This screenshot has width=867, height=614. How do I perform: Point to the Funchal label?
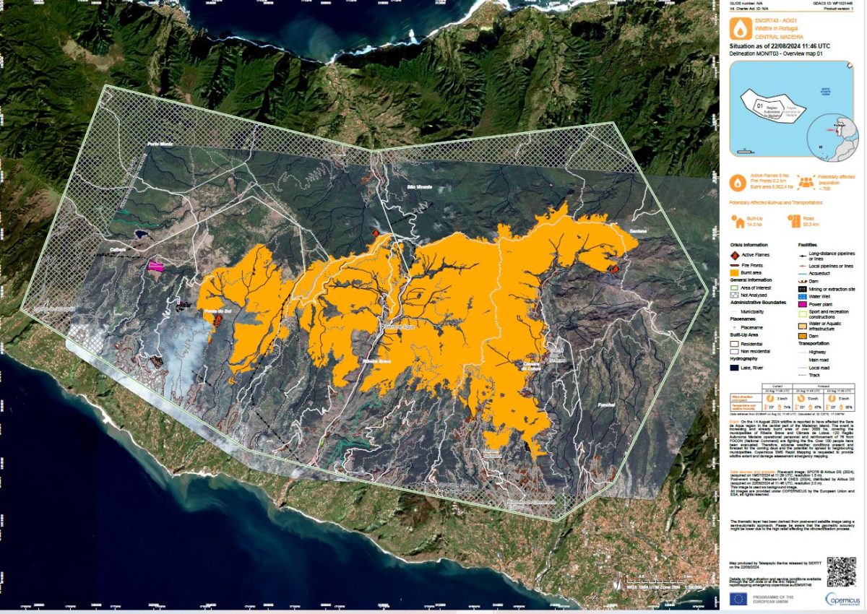point(605,405)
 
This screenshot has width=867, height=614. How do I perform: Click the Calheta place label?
point(118,250)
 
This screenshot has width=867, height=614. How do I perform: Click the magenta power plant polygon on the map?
point(156,265)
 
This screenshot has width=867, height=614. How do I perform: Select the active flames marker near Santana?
point(613,269)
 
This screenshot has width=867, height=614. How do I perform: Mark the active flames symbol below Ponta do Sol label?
point(216,321)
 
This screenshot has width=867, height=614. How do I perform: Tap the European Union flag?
point(738,599)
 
